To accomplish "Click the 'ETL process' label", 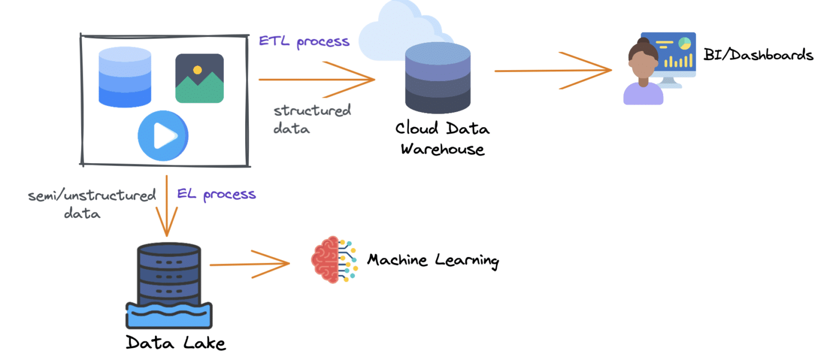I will [x=304, y=42].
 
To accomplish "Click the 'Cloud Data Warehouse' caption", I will [x=443, y=138].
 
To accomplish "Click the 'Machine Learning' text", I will [x=432, y=261].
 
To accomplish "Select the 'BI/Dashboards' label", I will [x=758, y=55].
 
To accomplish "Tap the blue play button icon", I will [x=163, y=137].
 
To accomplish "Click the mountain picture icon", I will [x=199, y=78].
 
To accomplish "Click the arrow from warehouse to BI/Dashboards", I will [x=553, y=70].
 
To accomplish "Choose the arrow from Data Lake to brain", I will [x=249, y=264].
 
